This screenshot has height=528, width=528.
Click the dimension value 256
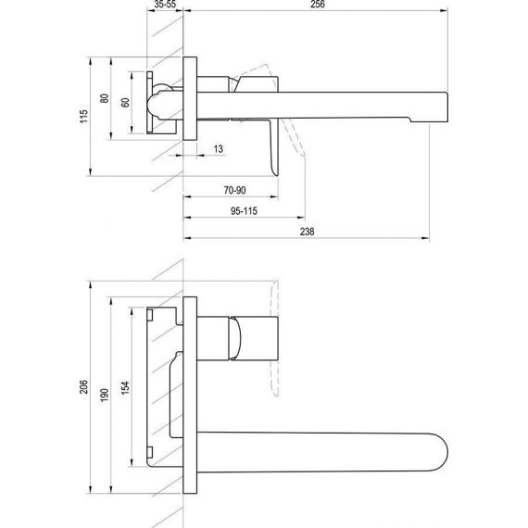[317, 4]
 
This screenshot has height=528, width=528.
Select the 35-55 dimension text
[165, 4]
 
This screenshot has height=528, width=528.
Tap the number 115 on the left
[84, 116]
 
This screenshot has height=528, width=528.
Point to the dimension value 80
[105, 98]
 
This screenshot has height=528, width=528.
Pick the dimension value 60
[125, 103]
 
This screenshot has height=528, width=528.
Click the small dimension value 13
[219, 149]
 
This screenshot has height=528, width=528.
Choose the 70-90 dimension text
[234, 190]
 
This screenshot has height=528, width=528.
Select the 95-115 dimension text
[245, 211]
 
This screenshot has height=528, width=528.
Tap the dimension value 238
[308, 232]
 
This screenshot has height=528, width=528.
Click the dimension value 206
[84, 386]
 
